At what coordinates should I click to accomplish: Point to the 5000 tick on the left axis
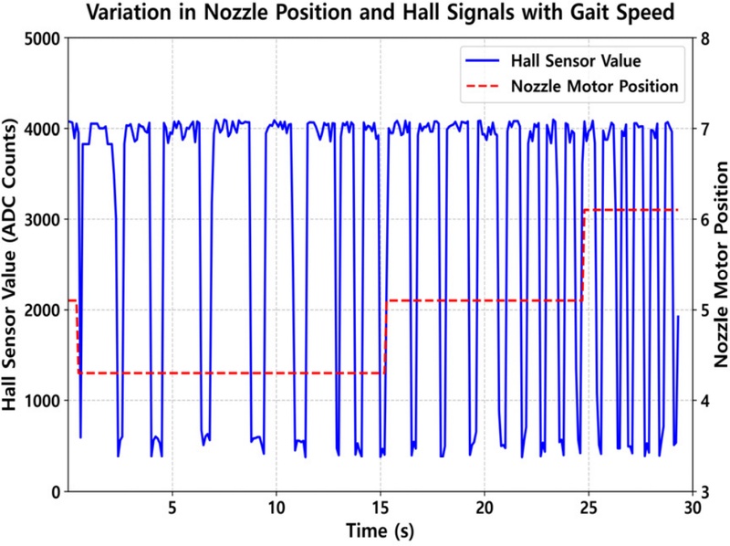pyautogui.click(x=42, y=38)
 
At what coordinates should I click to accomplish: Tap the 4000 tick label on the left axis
pyautogui.click(x=42, y=129)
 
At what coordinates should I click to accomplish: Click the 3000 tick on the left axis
pyautogui.click(x=42, y=219)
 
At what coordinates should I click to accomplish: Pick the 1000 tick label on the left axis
pyautogui.click(x=42, y=401)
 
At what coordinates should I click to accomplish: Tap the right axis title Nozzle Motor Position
pyautogui.click(x=720, y=265)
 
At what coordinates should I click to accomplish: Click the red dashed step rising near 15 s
pyautogui.click(x=386, y=336)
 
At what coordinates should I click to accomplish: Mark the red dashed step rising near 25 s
pyautogui.click(x=583, y=256)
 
